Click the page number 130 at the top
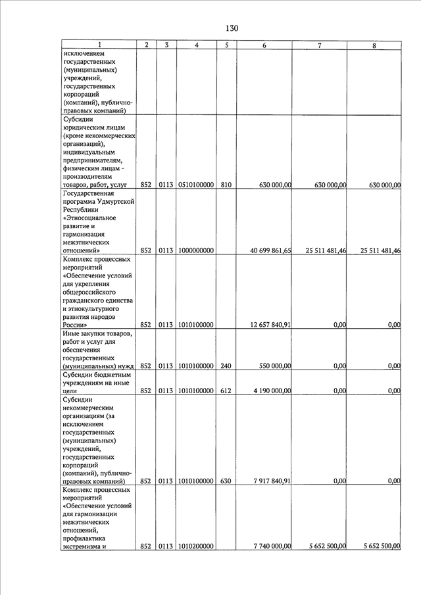[x=231, y=28]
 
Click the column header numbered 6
[x=264, y=45]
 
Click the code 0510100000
[x=196, y=185]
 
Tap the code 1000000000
[x=196, y=250]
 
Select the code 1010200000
[x=196, y=546]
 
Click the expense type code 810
[x=226, y=185]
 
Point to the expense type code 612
[x=226, y=391]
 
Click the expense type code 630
[x=226, y=481]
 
